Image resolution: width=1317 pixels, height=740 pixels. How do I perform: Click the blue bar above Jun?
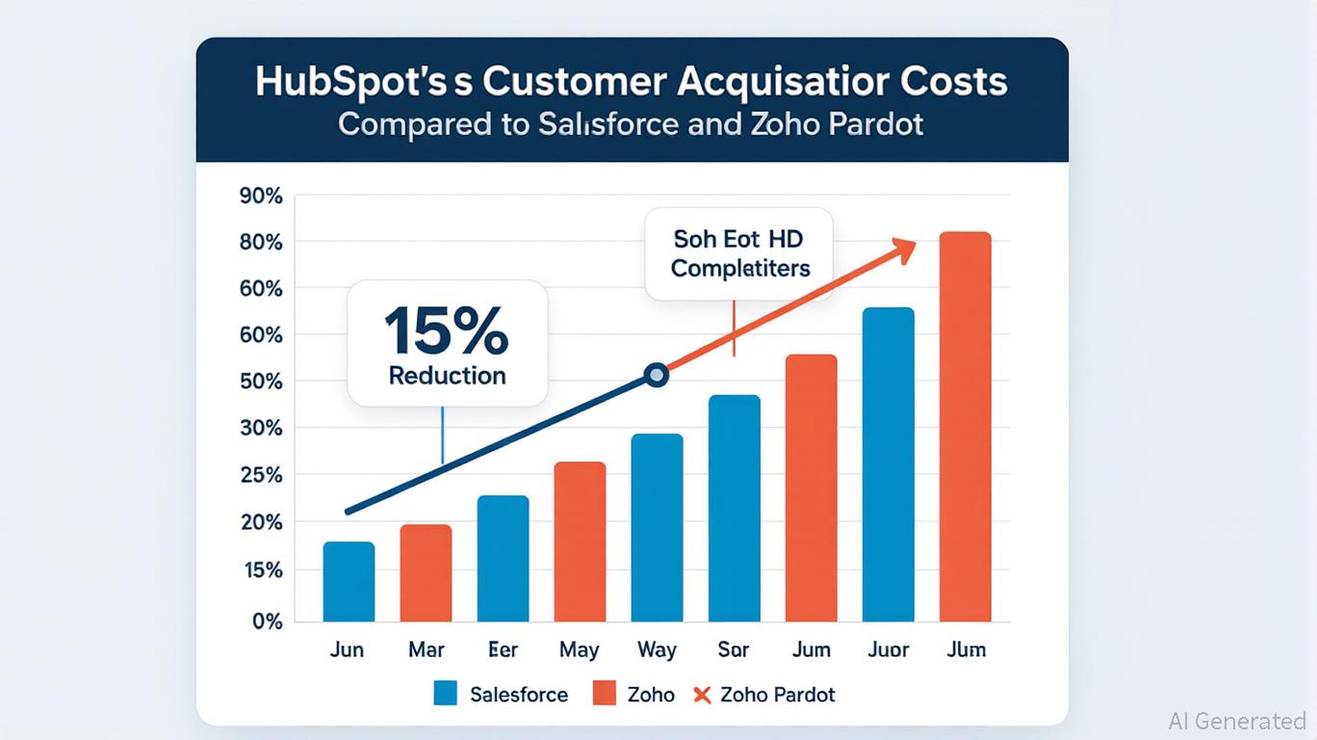(x=349, y=582)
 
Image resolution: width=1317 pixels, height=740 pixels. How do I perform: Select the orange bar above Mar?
(x=426, y=573)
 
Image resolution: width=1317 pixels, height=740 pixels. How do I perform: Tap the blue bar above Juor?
(x=888, y=464)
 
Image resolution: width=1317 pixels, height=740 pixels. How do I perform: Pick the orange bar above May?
(x=580, y=542)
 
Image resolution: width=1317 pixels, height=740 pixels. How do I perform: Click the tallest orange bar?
(x=965, y=427)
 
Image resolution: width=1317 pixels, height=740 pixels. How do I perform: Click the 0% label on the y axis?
(x=265, y=621)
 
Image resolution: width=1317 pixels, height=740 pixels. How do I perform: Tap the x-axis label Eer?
(x=503, y=649)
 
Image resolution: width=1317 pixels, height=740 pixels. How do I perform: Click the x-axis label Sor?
(x=734, y=649)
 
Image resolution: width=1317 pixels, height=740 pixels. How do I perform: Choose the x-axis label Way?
(x=657, y=649)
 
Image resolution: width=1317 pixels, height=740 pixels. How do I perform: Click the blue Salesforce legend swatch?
(x=445, y=694)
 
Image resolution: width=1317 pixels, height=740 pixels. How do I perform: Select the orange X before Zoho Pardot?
(x=702, y=694)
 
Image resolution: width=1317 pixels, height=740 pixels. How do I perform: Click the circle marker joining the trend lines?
(x=657, y=375)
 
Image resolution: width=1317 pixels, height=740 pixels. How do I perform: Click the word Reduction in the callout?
(x=447, y=376)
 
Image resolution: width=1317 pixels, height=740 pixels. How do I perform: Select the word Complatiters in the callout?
(x=740, y=268)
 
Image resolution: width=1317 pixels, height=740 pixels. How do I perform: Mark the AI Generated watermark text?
(x=1236, y=721)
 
